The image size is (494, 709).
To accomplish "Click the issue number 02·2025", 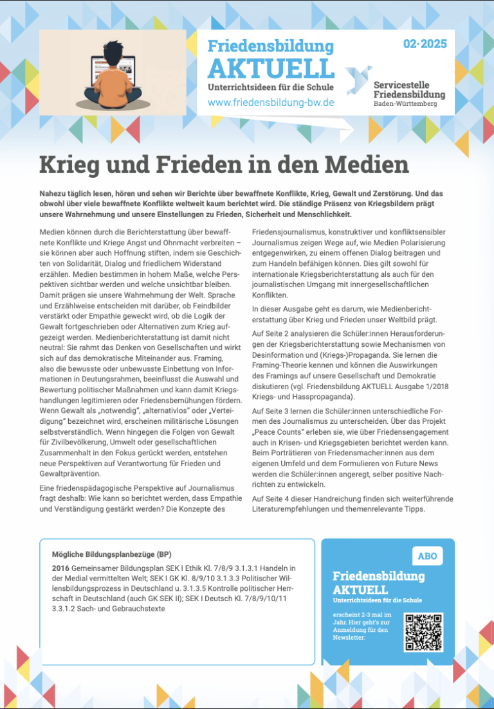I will (425, 45).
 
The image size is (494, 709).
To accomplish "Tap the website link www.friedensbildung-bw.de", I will (271, 103).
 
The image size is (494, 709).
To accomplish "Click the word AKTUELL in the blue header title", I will (271, 69).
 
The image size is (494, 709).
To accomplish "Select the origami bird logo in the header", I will (358, 80).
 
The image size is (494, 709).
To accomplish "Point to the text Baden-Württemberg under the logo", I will (405, 104).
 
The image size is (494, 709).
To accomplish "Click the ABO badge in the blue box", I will (427, 556).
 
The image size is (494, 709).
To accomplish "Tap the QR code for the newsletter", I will (423, 632).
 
